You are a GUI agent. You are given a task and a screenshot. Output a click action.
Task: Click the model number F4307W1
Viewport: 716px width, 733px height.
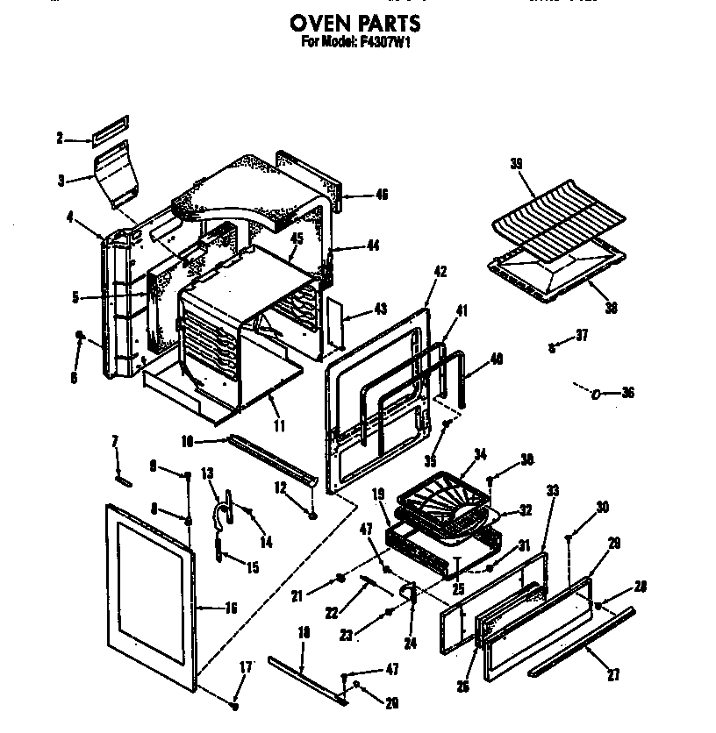[x=383, y=40]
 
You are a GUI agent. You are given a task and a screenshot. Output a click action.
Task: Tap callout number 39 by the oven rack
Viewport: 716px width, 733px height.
[x=516, y=164]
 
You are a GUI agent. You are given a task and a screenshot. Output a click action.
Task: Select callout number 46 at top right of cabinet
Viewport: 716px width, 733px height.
[x=381, y=195]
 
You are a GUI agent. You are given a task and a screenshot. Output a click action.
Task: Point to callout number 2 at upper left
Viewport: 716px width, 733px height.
[x=60, y=138]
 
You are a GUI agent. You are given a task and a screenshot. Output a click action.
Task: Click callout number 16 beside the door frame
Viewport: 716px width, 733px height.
[x=232, y=606]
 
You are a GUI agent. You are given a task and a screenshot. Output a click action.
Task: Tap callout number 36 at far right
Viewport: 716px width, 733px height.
[x=626, y=393]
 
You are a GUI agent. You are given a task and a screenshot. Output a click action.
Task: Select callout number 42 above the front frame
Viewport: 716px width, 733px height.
[x=440, y=272]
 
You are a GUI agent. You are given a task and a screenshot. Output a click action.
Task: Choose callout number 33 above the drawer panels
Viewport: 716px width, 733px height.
[x=552, y=491]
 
